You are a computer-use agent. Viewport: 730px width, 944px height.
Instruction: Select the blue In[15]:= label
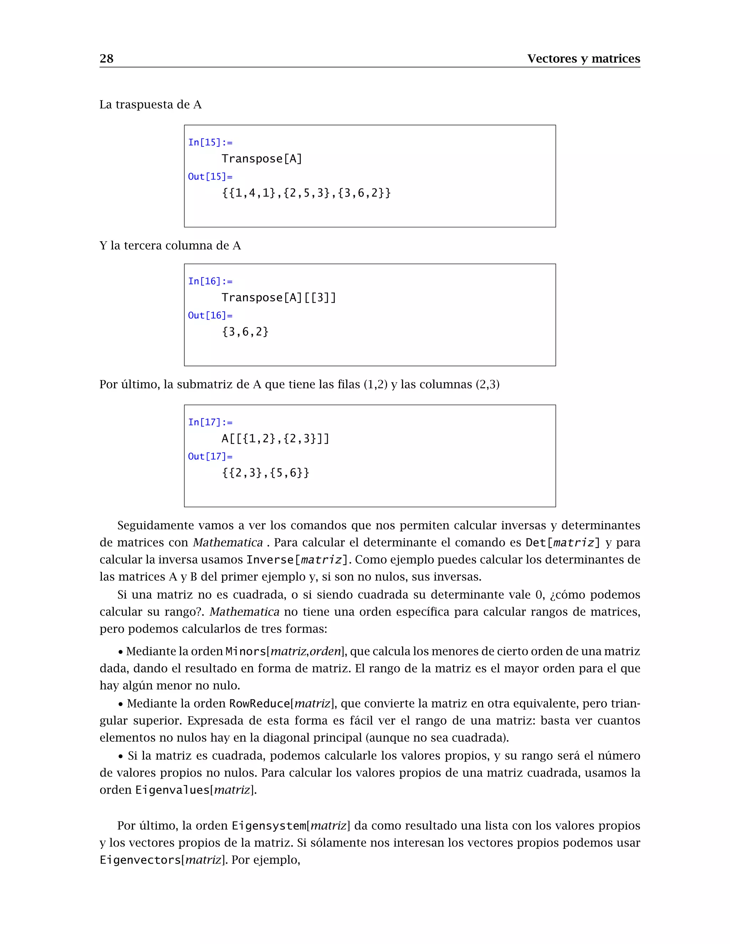(210, 142)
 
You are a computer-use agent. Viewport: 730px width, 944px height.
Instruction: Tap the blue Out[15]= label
(210, 177)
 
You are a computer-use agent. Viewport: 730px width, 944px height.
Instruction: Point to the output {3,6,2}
(245, 332)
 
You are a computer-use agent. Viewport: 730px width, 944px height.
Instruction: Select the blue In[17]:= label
(210, 422)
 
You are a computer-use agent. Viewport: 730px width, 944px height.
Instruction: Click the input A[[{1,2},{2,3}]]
(276, 439)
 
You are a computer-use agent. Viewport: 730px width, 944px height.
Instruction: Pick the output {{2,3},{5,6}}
(266, 472)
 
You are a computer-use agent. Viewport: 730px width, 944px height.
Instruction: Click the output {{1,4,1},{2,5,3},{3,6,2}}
(306, 193)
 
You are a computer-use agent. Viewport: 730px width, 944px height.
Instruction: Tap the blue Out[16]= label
(210, 316)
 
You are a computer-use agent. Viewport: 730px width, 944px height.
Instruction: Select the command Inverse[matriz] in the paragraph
(297, 560)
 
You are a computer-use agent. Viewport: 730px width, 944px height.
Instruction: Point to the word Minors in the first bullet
(246, 652)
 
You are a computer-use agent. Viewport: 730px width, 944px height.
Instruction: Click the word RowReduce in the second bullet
(259, 704)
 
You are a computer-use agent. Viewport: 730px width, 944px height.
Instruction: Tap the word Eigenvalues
(173, 790)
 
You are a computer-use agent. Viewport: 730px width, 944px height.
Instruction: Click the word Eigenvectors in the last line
(140, 860)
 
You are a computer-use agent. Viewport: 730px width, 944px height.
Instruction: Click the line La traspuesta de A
(150, 105)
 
